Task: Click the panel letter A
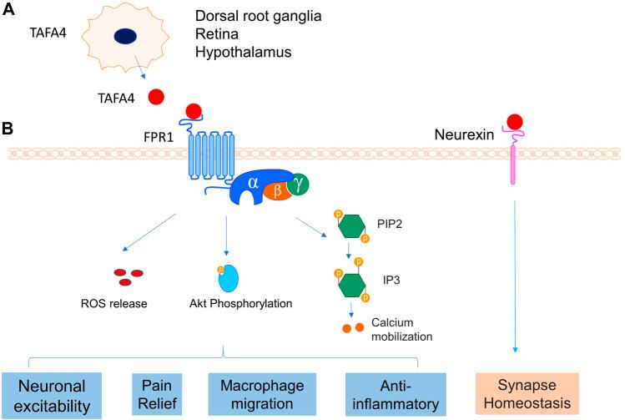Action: pos(10,12)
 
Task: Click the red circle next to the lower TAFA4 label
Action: pos(155,98)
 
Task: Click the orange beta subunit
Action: pos(276,191)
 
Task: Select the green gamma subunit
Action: pos(297,182)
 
